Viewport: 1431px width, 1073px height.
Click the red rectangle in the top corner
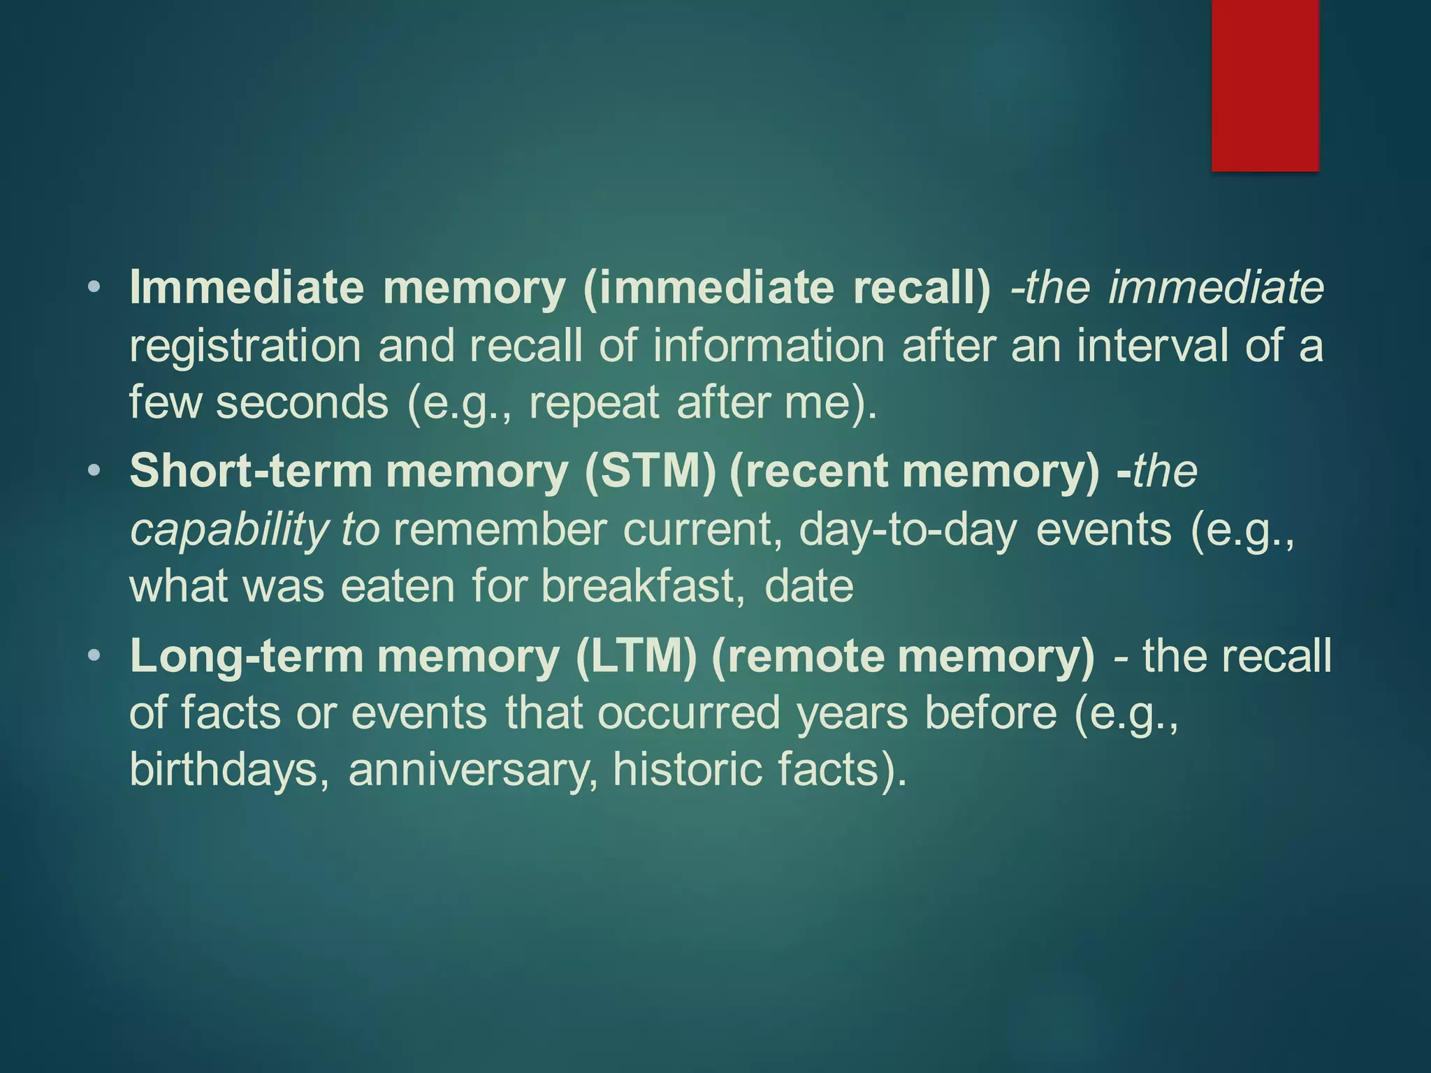pyautogui.click(x=1265, y=85)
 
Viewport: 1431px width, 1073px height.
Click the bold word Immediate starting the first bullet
pyautogui.click(x=247, y=288)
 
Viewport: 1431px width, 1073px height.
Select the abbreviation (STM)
pyautogui.click(x=651, y=471)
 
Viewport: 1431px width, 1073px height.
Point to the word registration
pyautogui.click(x=245, y=346)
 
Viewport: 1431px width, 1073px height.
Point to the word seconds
pyautogui.click(x=302, y=403)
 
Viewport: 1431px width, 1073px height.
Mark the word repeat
pyautogui.click(x=594, y=403)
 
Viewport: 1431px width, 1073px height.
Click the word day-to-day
pyautogui.click(x=908, y=529)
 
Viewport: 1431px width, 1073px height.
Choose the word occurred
pyautogui.click(x=688, y=713)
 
